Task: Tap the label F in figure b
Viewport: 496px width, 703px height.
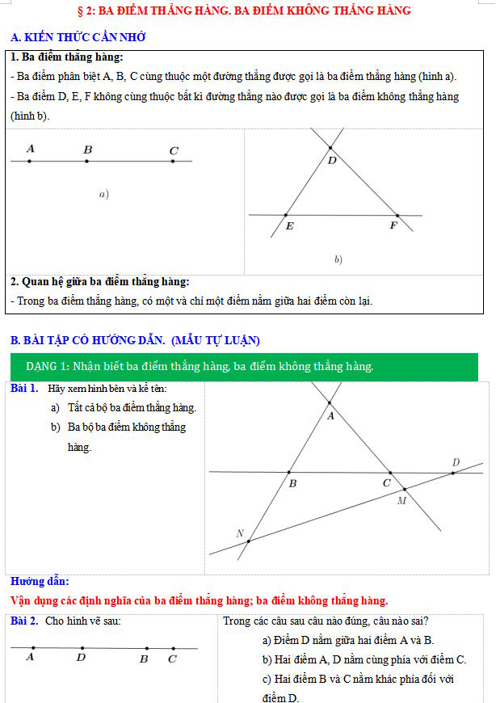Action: [x=393, y=225]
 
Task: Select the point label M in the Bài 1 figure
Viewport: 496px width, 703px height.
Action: [x=401, y=501]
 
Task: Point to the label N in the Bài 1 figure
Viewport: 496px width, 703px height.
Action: [x=240, y=533]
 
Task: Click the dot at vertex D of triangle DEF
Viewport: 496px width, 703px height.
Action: [x=330, y=148]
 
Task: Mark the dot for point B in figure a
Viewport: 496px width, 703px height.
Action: [x=87, y=162]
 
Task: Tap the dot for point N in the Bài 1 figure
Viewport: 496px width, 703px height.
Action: [x=249, y=541]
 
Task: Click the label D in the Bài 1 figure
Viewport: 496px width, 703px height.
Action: [x=456, y=462]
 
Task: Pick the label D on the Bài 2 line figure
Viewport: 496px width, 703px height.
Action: [x=81, y=658]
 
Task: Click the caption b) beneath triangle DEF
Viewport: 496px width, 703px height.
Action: [x=338, y=259]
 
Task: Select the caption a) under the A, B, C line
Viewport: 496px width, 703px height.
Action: [x=103, y=194]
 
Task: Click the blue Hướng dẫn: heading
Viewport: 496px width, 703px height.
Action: [x=40, y=581]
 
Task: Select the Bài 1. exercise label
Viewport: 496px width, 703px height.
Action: [x=24, y=389]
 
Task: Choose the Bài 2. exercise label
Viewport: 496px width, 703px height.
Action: [x=24, y=621]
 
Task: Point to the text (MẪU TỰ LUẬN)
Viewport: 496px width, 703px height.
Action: [x=216, y=339]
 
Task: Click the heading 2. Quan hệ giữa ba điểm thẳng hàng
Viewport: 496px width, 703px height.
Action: [x=100, y=282]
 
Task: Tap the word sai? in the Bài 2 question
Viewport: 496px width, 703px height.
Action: [x=416, y=621]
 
